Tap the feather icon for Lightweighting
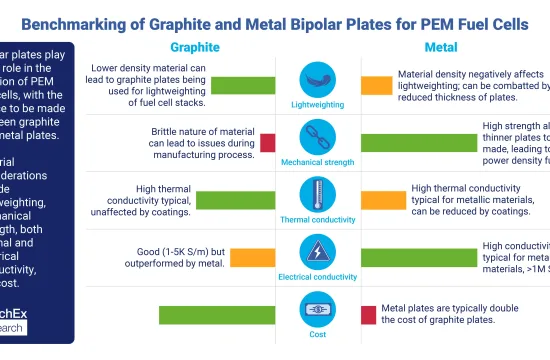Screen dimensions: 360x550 point(316,79)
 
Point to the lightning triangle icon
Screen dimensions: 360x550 point(316,249)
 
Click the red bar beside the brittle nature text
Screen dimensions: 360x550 point(268,142)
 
